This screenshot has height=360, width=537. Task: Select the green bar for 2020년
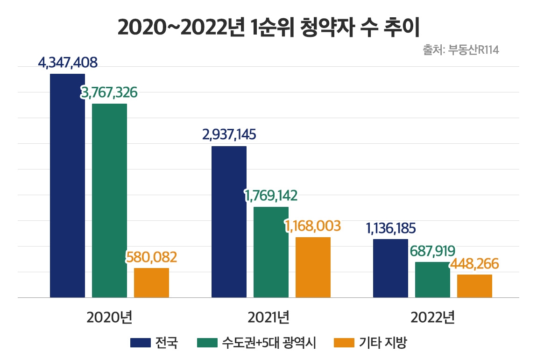(109, 200)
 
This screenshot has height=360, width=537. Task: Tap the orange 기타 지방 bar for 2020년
(151, 282)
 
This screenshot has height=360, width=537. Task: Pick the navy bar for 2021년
(229, 222)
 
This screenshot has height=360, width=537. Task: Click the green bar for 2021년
(271, 252)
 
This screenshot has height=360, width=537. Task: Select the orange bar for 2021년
(313, 267)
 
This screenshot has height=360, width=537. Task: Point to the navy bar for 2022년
(390, 268)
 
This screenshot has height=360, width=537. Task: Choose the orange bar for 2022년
(474, 286)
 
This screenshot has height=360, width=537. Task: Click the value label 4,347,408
(68, 63)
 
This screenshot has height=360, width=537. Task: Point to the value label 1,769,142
(271, 195)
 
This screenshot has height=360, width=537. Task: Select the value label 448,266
(474, 264)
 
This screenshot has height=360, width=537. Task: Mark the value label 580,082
(151, 257)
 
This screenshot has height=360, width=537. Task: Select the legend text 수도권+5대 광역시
(269, 344)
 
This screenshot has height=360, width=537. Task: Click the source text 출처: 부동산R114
(461, 50)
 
